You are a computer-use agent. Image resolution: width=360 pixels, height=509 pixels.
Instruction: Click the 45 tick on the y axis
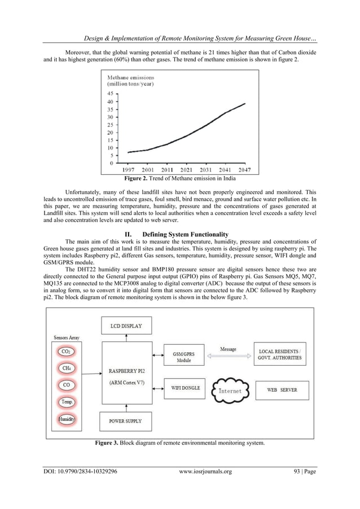110,94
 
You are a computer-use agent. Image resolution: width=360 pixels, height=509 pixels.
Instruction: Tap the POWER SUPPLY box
125,421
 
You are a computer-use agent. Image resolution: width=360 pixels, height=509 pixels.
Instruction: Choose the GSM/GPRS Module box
180,356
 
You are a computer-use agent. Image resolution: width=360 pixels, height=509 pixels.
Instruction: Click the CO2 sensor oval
66,351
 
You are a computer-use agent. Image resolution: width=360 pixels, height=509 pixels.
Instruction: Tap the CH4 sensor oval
66,368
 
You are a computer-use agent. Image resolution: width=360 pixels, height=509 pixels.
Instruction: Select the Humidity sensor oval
66,419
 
